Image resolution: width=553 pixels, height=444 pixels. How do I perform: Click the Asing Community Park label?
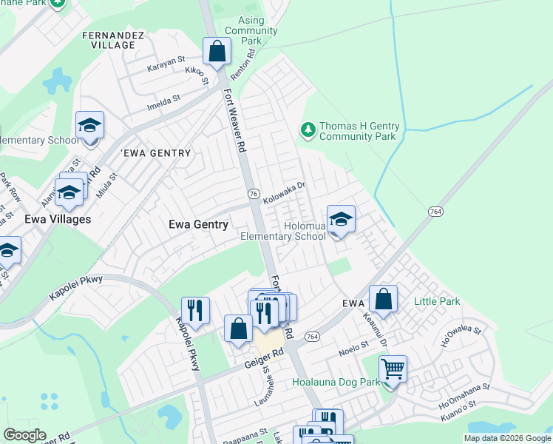[x=252, y=30]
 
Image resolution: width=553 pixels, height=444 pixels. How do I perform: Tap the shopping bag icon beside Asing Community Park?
[x=217, y=52]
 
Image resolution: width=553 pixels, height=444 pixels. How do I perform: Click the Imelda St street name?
[x=166, y=98]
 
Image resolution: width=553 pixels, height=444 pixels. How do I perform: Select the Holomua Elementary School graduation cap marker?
[x=341, y=220]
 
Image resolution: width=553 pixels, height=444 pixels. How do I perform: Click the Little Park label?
[x=437, y=301]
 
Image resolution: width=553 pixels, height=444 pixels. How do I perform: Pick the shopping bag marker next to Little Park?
[x=383, y=300]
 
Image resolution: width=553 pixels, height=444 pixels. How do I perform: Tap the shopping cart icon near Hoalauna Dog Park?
[x=393, y=368]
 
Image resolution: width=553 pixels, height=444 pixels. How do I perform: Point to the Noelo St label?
[x=353, y=346]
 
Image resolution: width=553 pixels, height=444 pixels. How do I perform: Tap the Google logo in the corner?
[x=24, y=434]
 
